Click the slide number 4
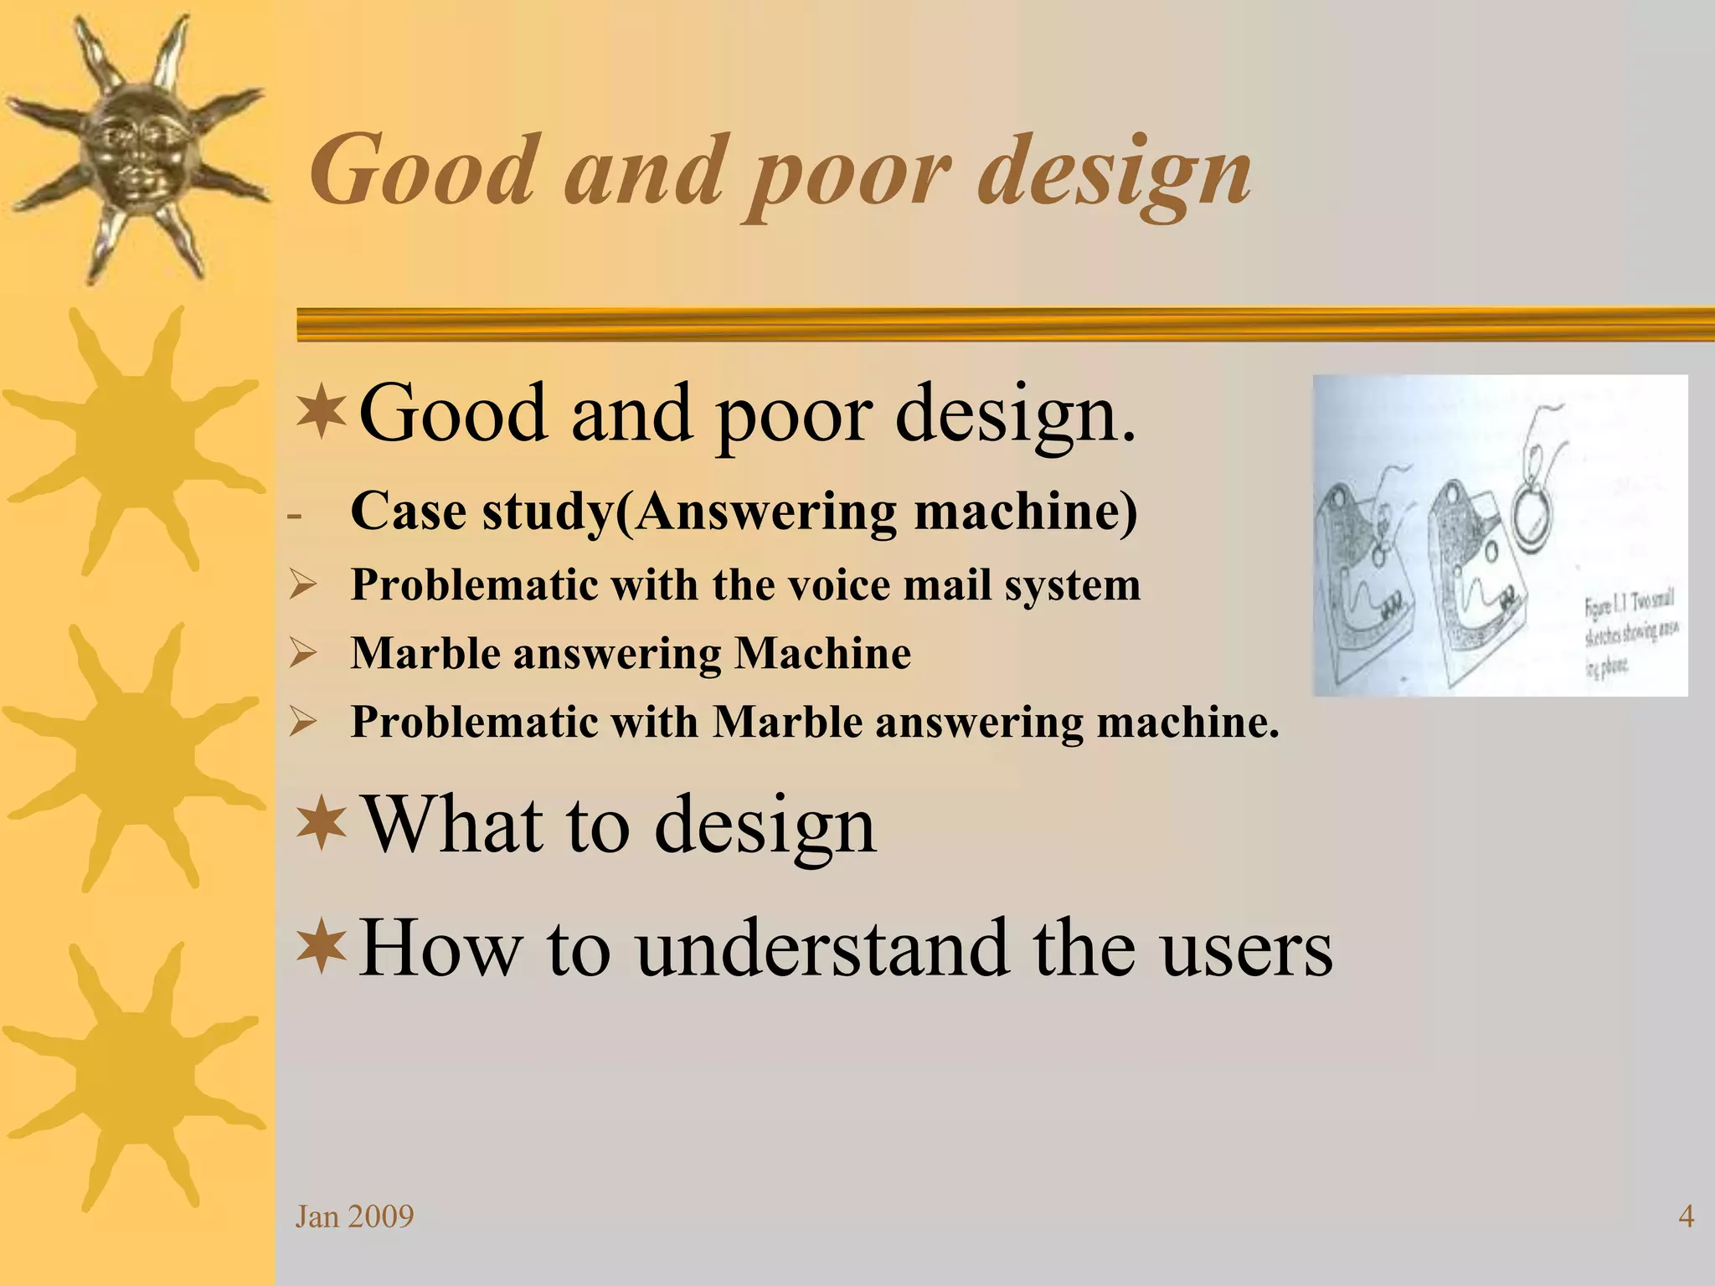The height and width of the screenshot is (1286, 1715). click(1686, 1216)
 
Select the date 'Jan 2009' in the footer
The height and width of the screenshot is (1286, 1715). click(354, 1216)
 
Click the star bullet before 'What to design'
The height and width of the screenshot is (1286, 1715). click(322, 825)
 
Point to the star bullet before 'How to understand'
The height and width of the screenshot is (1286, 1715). click(322, 948)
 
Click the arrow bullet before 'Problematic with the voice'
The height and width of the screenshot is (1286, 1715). click(302, 584)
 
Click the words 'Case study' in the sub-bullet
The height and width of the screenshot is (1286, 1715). click(482, 511)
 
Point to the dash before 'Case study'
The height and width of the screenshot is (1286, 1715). click(293, 514)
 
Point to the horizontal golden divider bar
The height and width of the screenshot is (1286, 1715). click(1005, 324)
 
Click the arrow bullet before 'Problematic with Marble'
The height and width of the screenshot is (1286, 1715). click(302, 722)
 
